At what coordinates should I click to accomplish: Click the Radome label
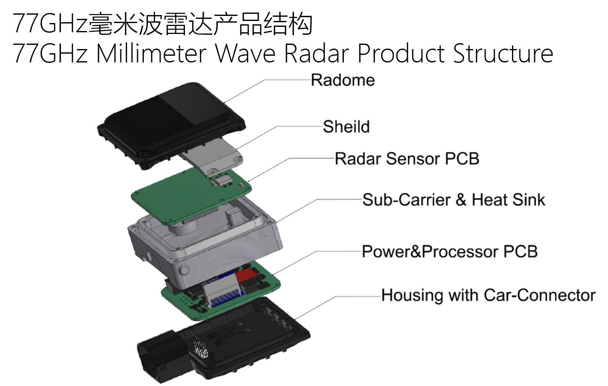[343, 80]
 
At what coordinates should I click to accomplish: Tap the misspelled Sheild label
[346, 127]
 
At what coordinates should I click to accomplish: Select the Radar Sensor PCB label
[407, 159]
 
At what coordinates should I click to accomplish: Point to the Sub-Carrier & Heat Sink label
[453, 200]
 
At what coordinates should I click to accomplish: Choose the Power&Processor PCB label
[450, 251]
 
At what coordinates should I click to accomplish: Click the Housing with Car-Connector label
[488, 295]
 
